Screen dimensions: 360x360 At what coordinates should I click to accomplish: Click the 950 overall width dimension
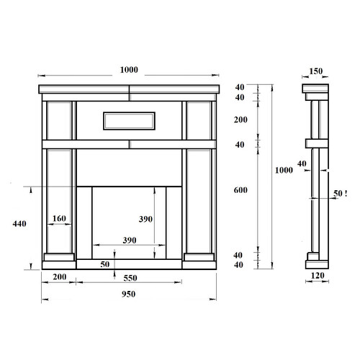tap(128, 294)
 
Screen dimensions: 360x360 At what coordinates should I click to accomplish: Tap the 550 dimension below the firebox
tap(130, 278)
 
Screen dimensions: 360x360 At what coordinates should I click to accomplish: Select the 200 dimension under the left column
tap(60, 276)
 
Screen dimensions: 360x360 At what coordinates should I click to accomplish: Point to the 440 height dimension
tap(19, 224)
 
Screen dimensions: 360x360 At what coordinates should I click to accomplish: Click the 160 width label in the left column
tap(59, 218)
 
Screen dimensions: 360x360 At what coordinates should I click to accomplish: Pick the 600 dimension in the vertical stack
tap(240, 190)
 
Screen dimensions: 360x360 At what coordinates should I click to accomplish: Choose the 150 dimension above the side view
tap(316, 71)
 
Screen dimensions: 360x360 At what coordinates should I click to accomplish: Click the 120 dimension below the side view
tap(318, 276)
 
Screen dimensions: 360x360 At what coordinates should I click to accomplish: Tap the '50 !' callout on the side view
tap(341, 194)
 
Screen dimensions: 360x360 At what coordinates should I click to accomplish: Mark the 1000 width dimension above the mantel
tap(129, 70)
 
